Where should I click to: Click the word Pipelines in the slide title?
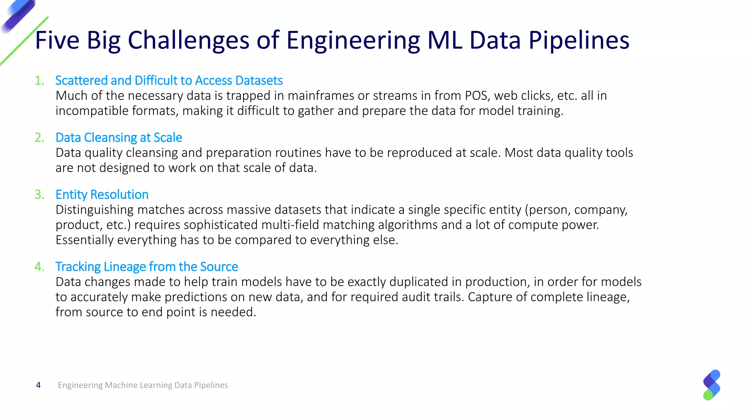(579, 40)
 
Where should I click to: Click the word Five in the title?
(57, 40)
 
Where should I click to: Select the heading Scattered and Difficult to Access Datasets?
(169, 80)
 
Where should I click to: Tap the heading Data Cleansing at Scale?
(119, 137)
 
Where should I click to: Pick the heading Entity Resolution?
(102, 194)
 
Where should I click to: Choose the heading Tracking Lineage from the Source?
(147, 267)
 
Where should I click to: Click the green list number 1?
(39, 81)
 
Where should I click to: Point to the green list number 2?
(39, 138)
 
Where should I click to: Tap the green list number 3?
(39, 195)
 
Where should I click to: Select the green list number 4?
(39, 267)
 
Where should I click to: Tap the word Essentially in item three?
(85, 240)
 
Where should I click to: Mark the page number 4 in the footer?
(38, 385)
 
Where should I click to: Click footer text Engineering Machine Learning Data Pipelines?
(143, 385)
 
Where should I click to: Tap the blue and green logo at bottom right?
(712, 385)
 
